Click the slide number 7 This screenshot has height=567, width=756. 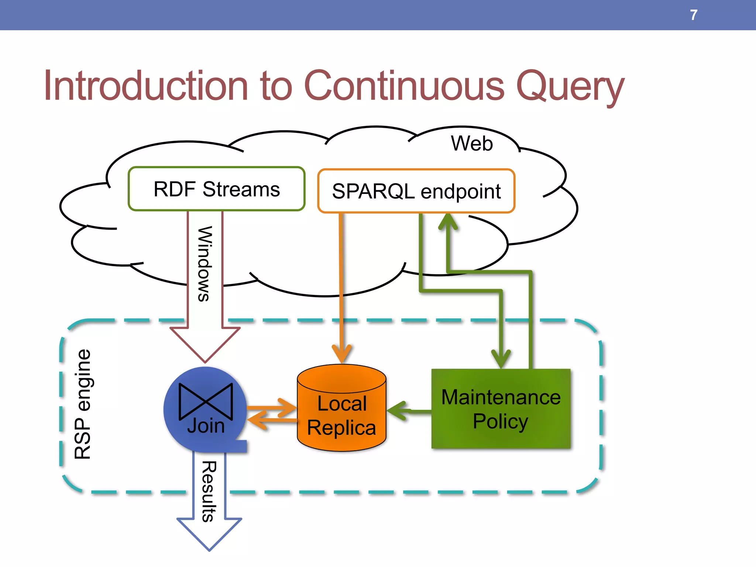tap(694, 15)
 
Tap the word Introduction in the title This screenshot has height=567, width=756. tap(146, 86)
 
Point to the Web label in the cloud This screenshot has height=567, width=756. tap(472, 143)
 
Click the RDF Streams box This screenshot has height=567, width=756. tap(217, 189)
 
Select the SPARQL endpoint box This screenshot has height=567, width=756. tap(416, 191)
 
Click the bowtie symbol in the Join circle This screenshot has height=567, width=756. tap(206, 402)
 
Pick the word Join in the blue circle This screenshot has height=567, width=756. tap(206, 426)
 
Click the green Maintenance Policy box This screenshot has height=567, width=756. tap(501, 409)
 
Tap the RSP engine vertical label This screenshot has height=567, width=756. tap(82, 404)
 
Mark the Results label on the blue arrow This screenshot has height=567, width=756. tap(209, 491)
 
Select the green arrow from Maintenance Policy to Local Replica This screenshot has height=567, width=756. tap(408, 410)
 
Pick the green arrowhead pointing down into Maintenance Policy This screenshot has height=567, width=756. tap(501, 358)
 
